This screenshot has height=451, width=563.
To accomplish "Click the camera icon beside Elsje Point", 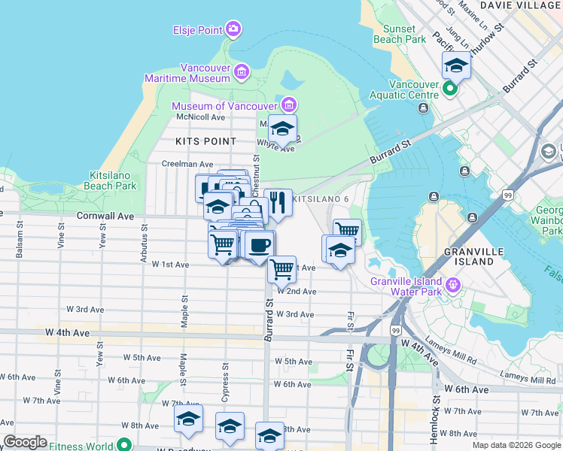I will click(233, 29).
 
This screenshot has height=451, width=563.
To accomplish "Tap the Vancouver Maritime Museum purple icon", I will click(241, 72).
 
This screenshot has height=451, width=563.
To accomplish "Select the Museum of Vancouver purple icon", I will click(288, 104).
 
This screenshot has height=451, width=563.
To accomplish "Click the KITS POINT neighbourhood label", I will click(205, 141).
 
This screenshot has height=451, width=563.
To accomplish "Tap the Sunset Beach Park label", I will click(405, 33).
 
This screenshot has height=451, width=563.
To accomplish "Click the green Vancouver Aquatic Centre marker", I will click(449, 89).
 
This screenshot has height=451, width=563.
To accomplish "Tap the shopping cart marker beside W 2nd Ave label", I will click(281, 268).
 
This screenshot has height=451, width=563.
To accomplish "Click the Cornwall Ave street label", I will click(105, 216).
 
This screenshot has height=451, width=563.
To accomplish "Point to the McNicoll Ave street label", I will click(200, 117).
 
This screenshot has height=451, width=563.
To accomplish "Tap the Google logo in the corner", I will click(25, 442).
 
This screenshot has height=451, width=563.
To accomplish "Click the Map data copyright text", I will click(516, 445).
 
